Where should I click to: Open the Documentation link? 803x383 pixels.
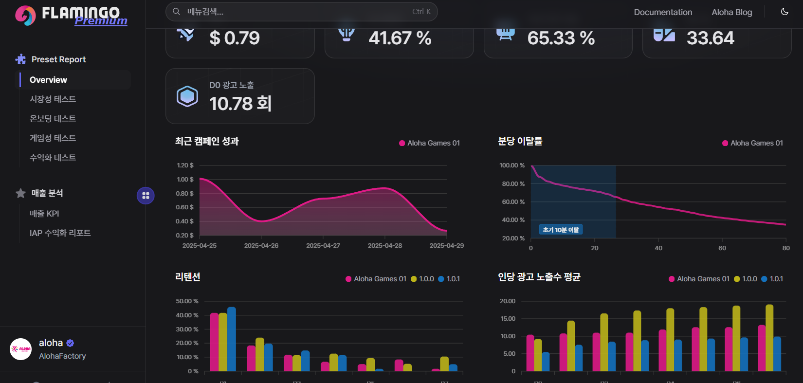point(662,12)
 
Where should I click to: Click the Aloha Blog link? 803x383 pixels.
point(731,12)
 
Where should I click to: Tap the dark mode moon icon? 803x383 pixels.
point(785,12)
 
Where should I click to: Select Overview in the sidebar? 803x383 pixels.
point(48,80)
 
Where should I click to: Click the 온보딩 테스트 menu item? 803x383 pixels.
point(53,119)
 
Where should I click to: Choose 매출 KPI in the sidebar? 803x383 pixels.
point(44,214)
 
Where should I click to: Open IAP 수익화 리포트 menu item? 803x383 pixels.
point(60,233)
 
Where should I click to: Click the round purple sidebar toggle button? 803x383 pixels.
point(146,196)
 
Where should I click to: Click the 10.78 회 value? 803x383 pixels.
point(240,103)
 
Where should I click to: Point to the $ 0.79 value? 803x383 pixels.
point(235,38)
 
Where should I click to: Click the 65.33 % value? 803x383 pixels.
point(561,38)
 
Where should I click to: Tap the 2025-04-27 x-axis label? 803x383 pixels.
point(323,246)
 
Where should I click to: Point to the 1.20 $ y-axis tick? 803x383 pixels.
point(185,165)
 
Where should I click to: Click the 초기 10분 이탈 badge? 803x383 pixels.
point(561,230)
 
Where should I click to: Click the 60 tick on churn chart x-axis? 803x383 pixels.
point(722,248)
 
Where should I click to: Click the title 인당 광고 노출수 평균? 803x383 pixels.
point(539,277)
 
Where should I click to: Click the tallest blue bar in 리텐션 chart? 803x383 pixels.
point(232,339)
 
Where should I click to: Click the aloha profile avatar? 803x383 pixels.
point(21,349)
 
